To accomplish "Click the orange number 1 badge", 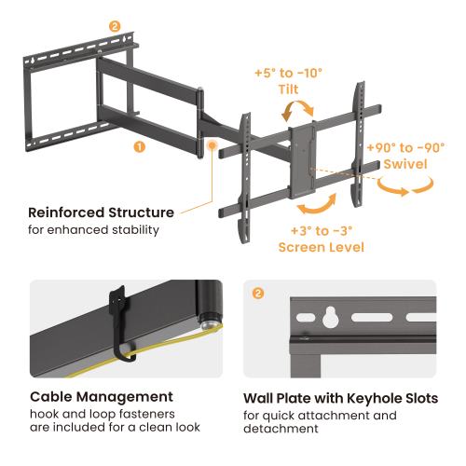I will click(139, 146).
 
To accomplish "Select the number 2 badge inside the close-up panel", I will click(258, 293).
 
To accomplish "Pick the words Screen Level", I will click(322, 247).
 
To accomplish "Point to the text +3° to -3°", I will click(321, 230).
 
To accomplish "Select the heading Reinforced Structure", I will click(101, 212).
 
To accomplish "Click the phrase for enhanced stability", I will click(93, 229).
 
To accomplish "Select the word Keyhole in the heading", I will click(357, 398).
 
